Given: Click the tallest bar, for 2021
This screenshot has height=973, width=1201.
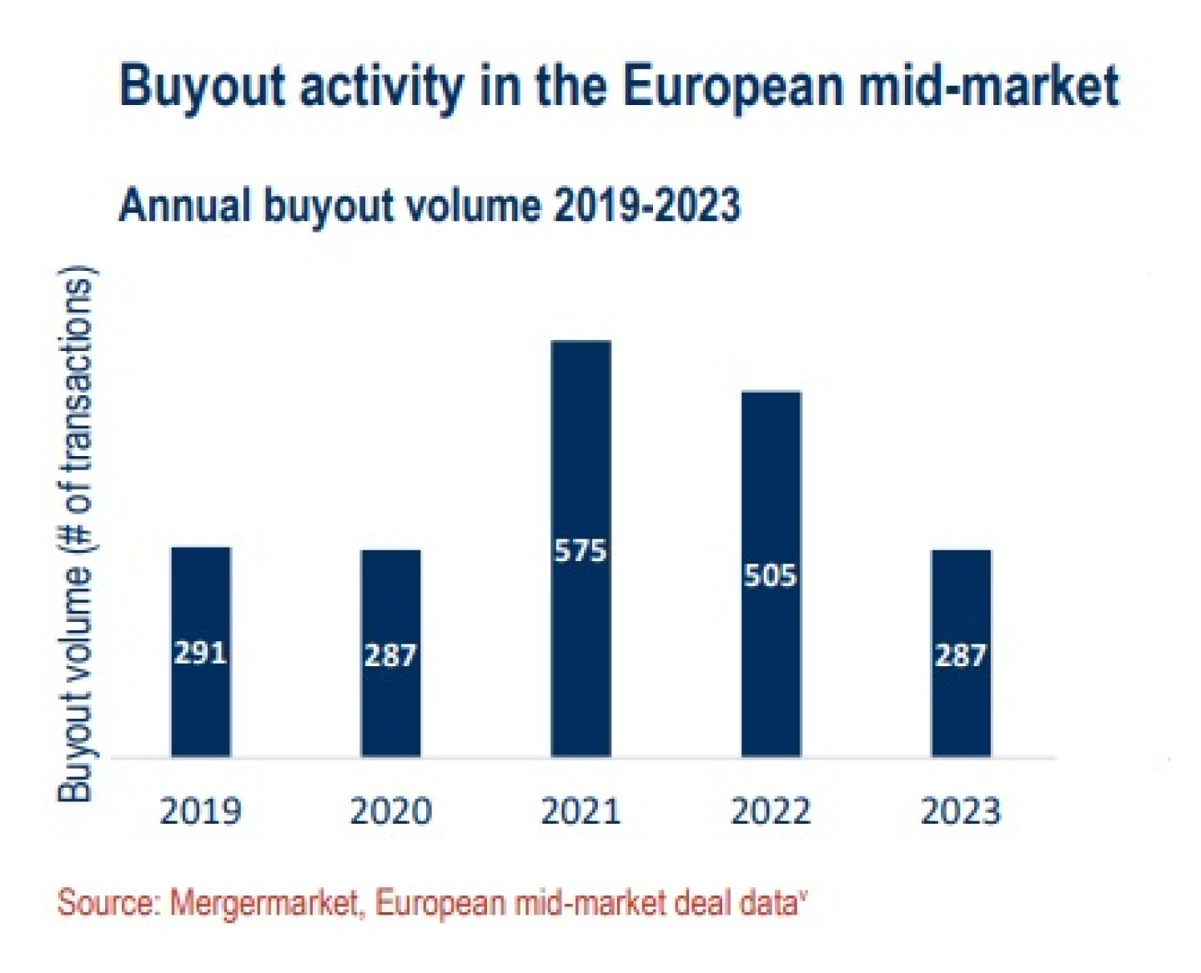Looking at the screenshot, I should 580,434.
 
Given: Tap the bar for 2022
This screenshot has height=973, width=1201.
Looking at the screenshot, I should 771,484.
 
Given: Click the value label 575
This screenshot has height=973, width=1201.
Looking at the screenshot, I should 580,551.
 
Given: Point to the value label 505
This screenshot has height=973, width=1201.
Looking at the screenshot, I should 771,576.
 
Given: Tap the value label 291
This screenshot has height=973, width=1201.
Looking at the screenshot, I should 200,653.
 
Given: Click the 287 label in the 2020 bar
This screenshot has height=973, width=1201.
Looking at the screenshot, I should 390,656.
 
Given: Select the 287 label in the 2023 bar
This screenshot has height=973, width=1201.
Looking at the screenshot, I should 961,656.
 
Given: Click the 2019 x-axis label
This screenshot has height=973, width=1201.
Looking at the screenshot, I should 200,811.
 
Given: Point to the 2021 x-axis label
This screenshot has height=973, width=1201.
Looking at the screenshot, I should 580,811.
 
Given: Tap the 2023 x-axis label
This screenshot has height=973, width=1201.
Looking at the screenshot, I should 961,811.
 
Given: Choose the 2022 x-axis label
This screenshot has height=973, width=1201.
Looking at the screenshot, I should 771,811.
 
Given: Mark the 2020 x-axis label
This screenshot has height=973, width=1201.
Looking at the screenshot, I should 390,811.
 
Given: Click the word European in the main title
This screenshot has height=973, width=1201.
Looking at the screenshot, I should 732,87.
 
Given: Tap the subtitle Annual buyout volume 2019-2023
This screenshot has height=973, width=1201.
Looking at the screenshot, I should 430,205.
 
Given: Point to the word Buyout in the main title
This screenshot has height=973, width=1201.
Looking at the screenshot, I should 203,87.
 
